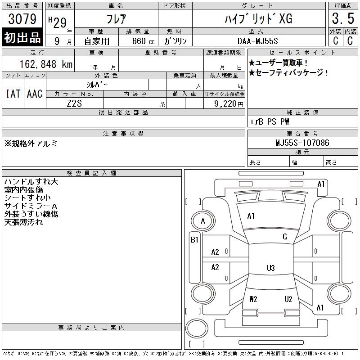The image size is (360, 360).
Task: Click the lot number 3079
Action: pos(22,18)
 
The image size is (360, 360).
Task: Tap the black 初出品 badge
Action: pos(22,37)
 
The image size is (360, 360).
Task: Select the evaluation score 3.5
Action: pos(343,18)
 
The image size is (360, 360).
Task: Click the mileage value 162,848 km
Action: pos(46,64)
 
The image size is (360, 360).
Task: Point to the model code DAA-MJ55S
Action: pos(257,41)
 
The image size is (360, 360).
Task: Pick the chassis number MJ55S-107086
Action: pos(302,143)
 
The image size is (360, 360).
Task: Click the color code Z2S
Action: pos(74,103)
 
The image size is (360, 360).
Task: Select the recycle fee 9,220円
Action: pos(229,104)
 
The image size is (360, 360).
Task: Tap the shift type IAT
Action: pos(13,94)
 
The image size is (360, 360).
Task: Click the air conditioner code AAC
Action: pos(35,94)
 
